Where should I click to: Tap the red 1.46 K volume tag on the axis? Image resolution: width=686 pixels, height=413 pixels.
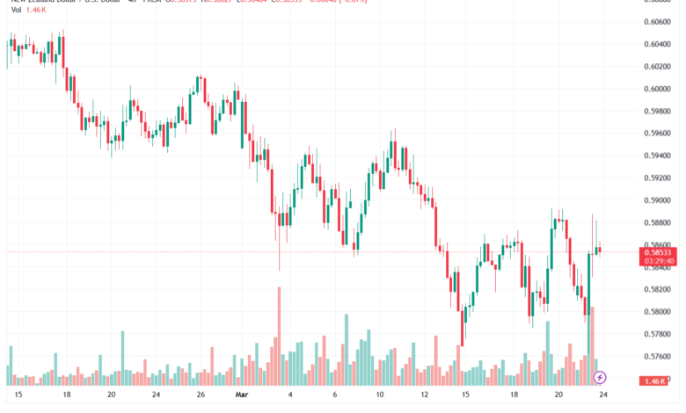click(653, 381)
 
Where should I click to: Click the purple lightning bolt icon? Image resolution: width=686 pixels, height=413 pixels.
click(600, 377)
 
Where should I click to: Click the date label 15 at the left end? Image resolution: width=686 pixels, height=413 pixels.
click(18, 395)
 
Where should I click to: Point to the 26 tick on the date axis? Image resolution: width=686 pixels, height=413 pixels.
click(201, 395)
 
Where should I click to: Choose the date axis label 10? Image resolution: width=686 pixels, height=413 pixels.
click(380, 395)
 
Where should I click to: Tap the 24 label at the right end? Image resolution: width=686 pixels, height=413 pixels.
click(603, 395)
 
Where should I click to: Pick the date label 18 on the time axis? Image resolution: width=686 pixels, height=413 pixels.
click(67, 395)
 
